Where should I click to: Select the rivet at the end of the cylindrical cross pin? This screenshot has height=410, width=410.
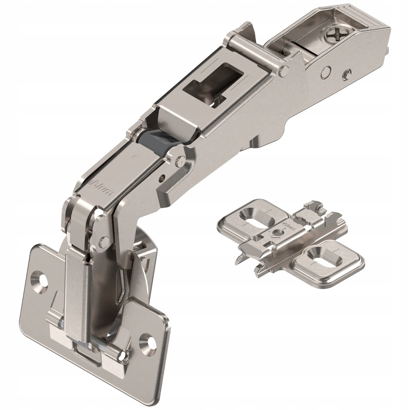(284, 71)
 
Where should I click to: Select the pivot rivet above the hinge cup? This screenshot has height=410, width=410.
(104, 241)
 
